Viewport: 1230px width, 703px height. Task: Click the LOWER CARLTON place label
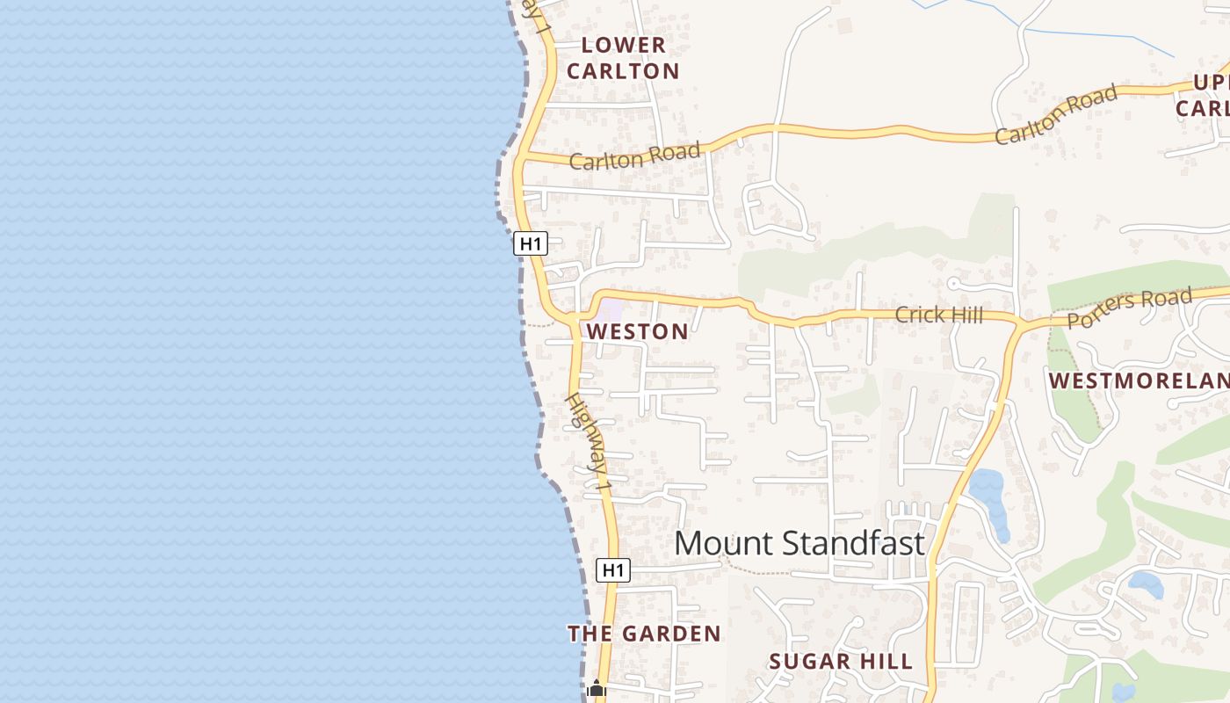pyautogui.click(x=623, y=58)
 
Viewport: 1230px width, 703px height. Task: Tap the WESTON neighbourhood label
pyautogui.click(x=638, y=332)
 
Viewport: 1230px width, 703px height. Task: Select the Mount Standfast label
pyautogui.click(x=799, y=543)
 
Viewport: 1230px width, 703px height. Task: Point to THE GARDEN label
pyautogui.click(x=644, y=634)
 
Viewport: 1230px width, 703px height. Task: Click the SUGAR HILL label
pyautogui.click(x=841, y=662)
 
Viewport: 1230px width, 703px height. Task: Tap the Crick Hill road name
pyautogui.click(x=938, y=315)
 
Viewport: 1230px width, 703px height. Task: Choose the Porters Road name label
pyautogui.click(x=1130, y=308)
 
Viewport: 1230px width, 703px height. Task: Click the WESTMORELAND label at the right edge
pyautogui.click(x=1140, y=380)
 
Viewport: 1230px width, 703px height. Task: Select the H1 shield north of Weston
pyautogui.click(x=531, y=243)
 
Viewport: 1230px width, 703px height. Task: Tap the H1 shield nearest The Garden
pyautogui.click(x=613, y=570)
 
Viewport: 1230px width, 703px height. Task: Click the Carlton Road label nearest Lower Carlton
pyautogui.click(x=634, y=156)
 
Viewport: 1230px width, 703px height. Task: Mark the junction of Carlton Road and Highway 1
pyautogui.click(x=520, y=156)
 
